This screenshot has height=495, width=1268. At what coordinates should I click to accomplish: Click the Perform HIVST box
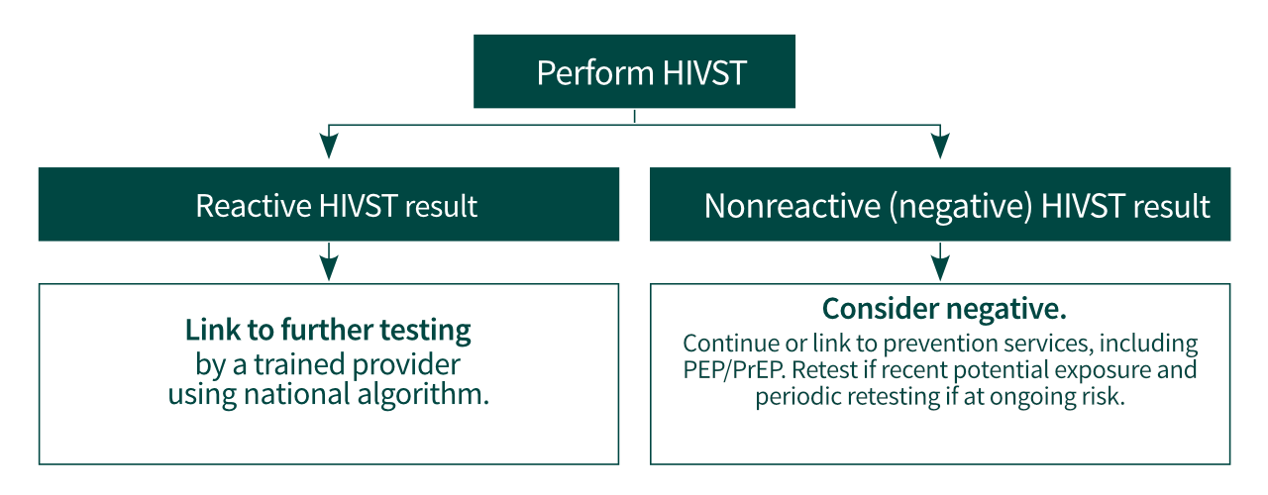[x=634, y=72]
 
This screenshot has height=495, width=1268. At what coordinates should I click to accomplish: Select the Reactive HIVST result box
[x=329, y=205]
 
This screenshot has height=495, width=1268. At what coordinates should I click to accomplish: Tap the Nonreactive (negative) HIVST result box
[x=939, y=205]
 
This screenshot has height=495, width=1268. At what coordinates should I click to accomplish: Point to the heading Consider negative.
[x=944, y=309]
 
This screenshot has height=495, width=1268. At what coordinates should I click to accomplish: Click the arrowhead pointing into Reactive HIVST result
[x=330, y=147]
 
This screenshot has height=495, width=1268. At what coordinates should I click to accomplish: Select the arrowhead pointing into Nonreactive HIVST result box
[x=940, y=147]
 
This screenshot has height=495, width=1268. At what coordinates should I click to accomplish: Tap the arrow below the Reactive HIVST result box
[x=330, y=265]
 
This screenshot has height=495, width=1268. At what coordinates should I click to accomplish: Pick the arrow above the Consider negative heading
[x=940, y=265]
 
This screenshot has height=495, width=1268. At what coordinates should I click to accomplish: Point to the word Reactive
[x=254, y=206]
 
